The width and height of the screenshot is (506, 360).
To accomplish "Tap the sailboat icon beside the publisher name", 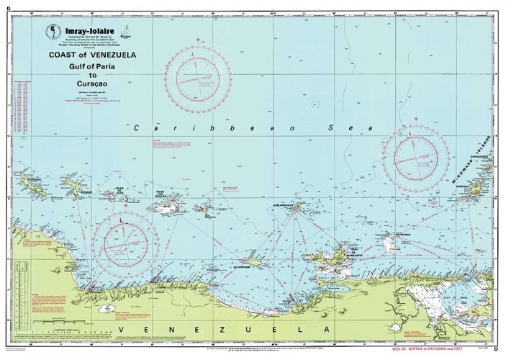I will (x=125, y=31).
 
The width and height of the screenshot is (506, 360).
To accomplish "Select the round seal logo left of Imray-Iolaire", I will (x=53, y=32).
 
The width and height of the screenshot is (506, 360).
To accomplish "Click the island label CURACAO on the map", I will (x=33, y=176).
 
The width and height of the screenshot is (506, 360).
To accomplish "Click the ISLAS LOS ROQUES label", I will (x=167, y=194).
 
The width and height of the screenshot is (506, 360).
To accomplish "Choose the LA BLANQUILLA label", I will (x=285, y=205).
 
